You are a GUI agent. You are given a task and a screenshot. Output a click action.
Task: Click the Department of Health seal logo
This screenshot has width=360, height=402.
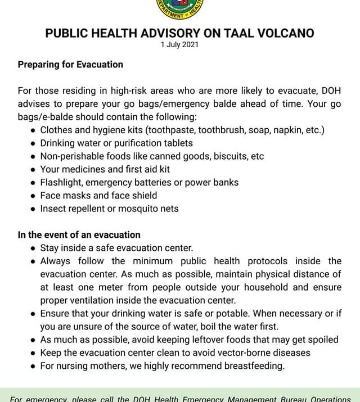point(179,8)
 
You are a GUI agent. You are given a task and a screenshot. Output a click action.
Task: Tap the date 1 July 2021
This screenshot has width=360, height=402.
point(179,45)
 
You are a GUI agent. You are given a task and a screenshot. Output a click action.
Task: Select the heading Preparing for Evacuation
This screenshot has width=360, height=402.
point(70,64)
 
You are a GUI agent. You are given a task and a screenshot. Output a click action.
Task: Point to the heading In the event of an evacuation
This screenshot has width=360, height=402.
point(79,234)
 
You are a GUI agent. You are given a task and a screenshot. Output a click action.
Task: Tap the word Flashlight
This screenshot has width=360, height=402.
point(61,182)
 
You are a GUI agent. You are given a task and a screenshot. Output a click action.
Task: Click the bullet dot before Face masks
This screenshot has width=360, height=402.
point(33,196)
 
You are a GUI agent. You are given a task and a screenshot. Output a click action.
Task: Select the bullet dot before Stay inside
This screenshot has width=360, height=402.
point(33,248)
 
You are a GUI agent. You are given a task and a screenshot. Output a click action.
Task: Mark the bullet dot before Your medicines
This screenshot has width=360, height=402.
point(33,169)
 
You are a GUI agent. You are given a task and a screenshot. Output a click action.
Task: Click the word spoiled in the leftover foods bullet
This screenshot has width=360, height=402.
point(322,340)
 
